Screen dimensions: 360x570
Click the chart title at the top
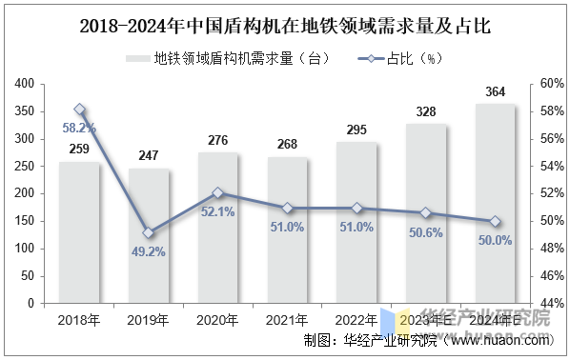coord(286,26)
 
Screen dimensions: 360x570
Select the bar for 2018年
coord(79,232)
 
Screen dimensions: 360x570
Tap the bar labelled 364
coord(495,204)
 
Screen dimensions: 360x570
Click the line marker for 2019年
coord(149,232)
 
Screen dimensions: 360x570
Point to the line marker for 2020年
coord(218,192)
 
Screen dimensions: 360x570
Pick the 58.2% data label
coord(79,127)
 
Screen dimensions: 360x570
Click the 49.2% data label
coord(149,252)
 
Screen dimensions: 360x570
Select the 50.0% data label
coord(495,240)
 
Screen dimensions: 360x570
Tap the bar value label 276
coord(218,141)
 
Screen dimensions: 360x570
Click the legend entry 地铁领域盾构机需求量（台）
coord(233,58)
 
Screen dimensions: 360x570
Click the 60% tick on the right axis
coord(552,84)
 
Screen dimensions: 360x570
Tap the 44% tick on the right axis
coord(552,303)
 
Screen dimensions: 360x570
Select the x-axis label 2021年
coord(287,320)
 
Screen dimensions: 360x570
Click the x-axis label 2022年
coord(356,320)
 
